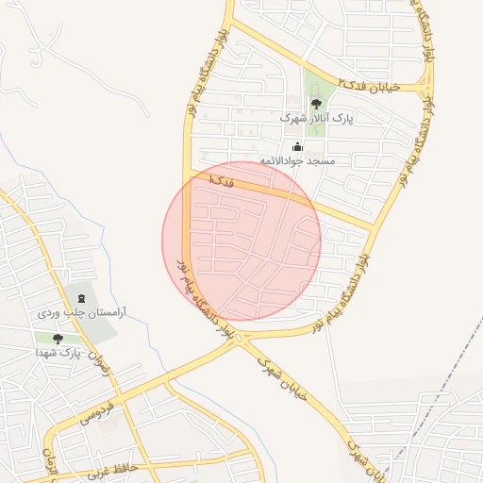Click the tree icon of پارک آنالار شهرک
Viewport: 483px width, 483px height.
(316, 105)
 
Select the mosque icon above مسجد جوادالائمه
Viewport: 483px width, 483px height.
(298, 146)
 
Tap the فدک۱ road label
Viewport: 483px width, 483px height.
(219, 179)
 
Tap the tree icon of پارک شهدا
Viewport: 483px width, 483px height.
(58, 339)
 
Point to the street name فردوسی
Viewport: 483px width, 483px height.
(97, 411)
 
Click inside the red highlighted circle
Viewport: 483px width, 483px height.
(241, 241)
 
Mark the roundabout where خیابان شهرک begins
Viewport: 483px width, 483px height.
(238, 337)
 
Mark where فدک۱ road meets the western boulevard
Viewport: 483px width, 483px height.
(189, 174)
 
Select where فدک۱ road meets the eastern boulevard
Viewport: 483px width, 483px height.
(377, 229)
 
